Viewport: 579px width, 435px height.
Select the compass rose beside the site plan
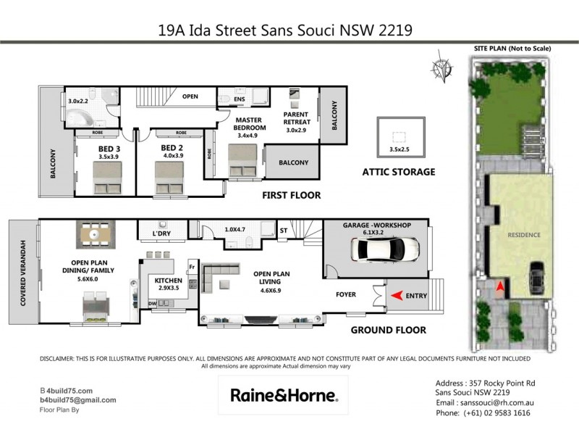pos(440,68)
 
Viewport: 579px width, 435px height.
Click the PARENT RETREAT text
pos(297,120)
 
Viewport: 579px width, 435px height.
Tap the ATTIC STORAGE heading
pos(399,172)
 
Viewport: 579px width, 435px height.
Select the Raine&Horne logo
pos(283,395)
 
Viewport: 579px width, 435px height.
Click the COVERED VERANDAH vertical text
pos(23,272)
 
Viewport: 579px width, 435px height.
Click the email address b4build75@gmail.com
pos(78,399)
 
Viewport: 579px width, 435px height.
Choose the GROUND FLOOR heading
pos(388,330)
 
